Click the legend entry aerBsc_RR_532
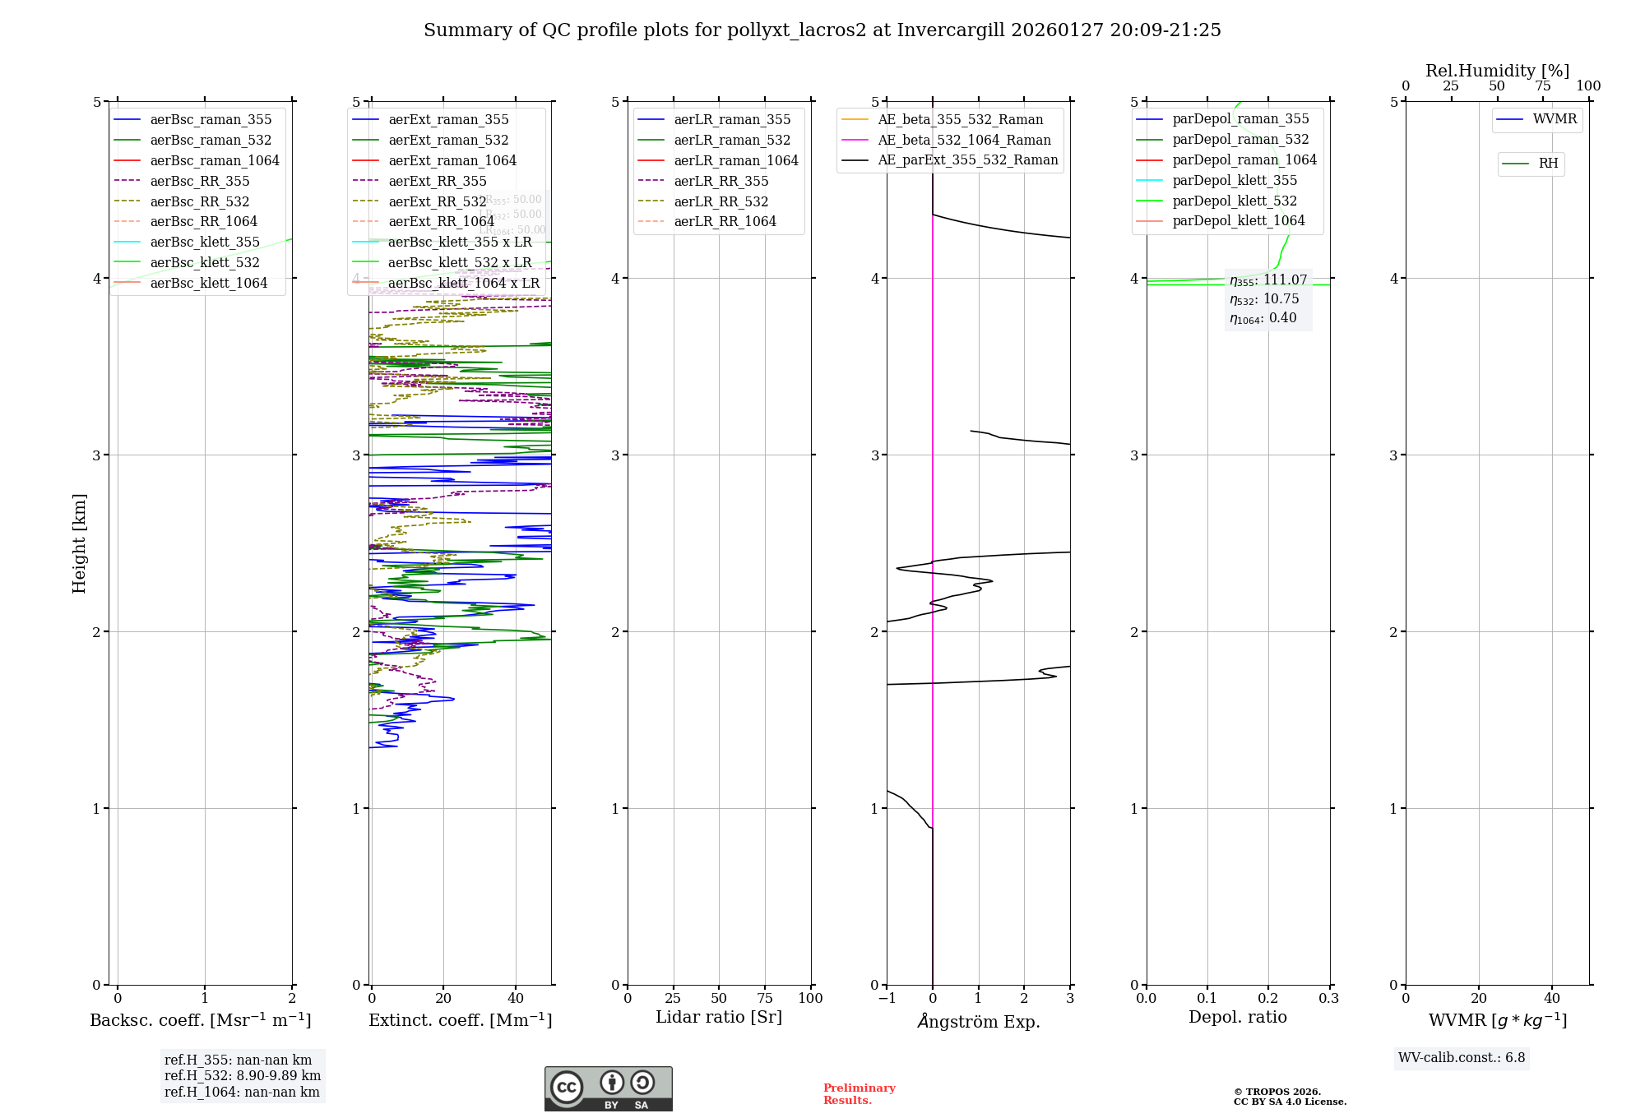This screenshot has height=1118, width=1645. [199, 201]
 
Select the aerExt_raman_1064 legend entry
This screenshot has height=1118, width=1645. [452, 160]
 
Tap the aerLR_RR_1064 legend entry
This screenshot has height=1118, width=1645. [725, 221]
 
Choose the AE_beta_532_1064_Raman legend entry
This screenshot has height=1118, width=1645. [964, 140]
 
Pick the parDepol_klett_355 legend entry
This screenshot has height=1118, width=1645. [1235, 180]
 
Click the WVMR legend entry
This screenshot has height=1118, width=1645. [1555, 119]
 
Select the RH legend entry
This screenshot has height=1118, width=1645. [1548, 164]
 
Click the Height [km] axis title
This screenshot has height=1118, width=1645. [79, 543]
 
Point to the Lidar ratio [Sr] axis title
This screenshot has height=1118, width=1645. [719, 1017]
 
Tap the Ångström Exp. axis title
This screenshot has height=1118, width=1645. [979, 1021]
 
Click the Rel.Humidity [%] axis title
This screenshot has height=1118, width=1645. [1497, 71]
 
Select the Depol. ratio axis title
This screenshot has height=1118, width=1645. [1237, 1017]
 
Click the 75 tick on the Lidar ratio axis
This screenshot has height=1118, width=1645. [765, 999]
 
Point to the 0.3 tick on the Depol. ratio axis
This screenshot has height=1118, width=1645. [1329, 999]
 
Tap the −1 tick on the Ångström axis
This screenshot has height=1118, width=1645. [887, 999]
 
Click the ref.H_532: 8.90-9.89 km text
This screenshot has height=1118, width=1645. [243, 1076]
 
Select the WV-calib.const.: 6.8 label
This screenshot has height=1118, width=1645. [1462, 1058]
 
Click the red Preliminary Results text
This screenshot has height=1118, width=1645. [859, 1094]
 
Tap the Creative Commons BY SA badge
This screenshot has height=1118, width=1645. [608, 1089]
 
